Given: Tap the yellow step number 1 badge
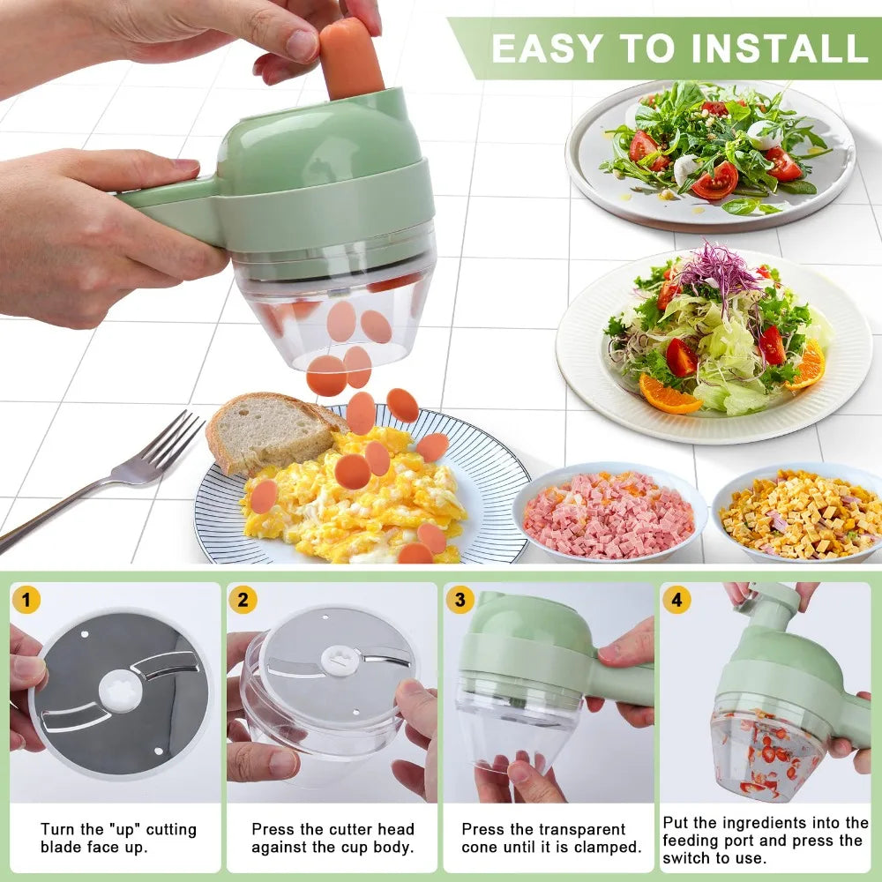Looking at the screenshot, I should click(26, 601).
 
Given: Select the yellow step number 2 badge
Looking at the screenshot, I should click(243, 601).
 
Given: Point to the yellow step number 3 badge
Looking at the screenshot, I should click(460, 601).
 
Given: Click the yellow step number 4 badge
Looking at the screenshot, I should click(676, 601).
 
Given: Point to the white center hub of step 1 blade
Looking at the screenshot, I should click(119, 691).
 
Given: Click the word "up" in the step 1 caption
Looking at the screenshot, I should click(123, 829).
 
